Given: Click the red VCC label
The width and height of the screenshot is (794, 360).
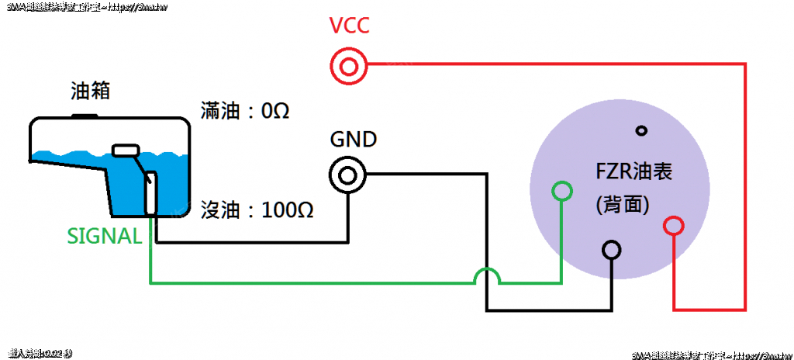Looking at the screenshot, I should pos(349,28).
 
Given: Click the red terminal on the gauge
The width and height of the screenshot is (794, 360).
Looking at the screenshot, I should pos(674,226).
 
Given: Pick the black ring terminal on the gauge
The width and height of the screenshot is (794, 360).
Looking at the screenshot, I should pos(612,250).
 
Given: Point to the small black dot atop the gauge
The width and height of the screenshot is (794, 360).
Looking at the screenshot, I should pos(640,130).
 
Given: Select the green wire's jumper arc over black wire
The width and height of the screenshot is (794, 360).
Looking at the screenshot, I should pos(487,273).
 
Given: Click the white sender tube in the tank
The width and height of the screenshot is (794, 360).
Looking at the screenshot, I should pos(151,194).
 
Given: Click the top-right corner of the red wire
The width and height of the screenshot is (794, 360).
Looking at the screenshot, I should pos(745,66).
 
